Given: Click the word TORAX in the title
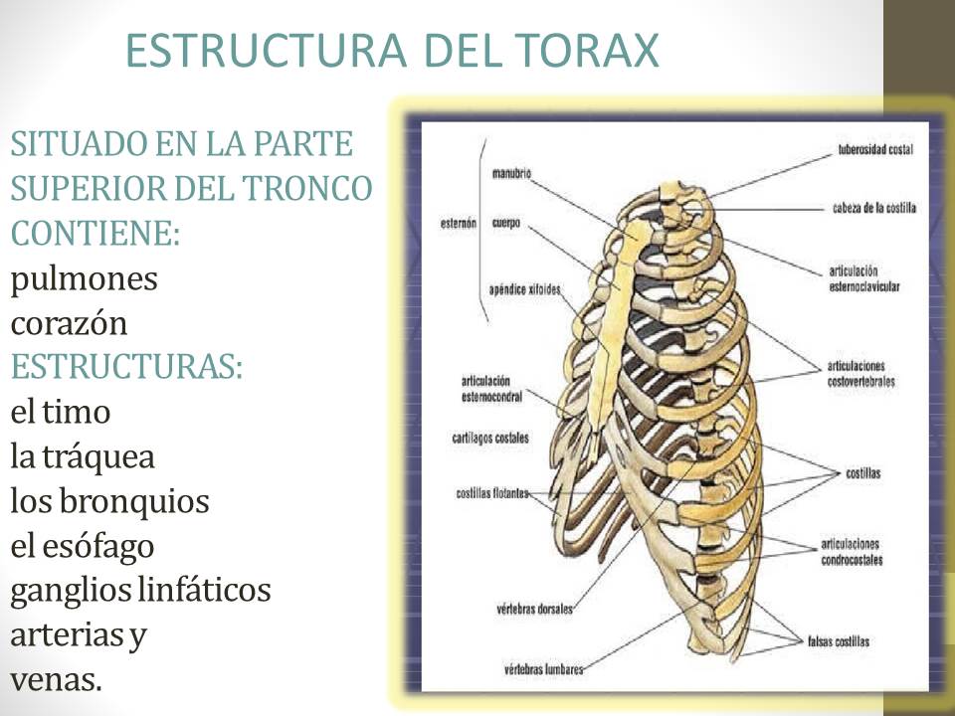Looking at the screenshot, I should pos(586,50).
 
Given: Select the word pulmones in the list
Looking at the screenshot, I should pos(84,279).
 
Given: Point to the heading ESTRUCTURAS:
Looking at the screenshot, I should pos(126,366).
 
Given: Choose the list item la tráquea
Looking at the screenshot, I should pos(83,456).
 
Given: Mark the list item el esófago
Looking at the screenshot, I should pos(83,546).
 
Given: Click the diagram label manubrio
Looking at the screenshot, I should pos(511,173).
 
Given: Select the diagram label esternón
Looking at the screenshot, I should pos(460,223).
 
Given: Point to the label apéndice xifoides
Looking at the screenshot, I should pos(524,289).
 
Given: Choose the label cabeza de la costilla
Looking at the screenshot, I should pos(873,208).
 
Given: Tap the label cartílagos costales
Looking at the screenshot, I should pos(490,438).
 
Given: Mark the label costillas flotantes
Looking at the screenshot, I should pos(491,492).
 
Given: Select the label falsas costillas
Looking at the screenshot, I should pos(838,641).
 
